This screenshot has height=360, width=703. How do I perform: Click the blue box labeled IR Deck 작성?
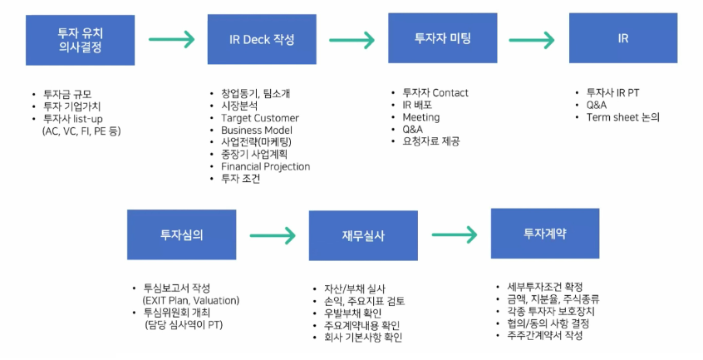262,39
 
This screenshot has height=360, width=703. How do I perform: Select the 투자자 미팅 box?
443,38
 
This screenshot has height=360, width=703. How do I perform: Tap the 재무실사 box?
363,235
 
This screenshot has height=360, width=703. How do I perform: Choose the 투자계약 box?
545,234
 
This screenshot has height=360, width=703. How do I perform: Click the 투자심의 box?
182,234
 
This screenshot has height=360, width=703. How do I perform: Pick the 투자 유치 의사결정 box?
81,40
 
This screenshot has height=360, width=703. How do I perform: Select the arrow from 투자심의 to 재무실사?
273,235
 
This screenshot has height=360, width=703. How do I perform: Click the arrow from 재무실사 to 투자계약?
455,234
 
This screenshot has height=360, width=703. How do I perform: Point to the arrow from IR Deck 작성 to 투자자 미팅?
352,40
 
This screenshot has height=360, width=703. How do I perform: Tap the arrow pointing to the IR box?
532,40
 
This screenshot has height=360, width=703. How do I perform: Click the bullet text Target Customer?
260,118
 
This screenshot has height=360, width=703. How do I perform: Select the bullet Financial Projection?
265,166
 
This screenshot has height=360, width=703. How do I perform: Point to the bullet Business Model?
257,130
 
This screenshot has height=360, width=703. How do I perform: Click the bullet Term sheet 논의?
623,117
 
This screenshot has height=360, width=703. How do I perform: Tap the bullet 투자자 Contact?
435,93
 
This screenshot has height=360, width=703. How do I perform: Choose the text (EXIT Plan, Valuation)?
191,300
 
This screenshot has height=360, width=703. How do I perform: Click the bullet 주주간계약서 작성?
545,335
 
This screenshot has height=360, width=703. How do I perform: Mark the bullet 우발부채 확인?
353,313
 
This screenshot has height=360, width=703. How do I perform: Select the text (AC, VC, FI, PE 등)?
81,131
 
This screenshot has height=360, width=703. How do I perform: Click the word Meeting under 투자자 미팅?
421,117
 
